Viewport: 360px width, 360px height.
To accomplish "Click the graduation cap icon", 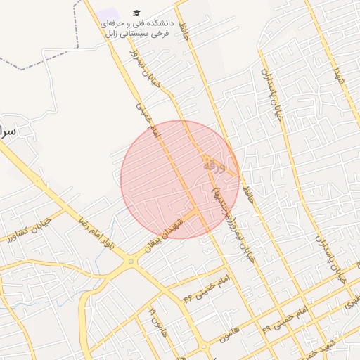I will click(x=136, y=13).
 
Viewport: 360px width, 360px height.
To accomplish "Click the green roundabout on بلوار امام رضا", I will click(x=131, y=262).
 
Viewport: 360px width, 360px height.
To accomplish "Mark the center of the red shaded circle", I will click(x=180, y=179).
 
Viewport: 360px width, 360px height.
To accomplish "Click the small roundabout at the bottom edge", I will click(x=204, y=347).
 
